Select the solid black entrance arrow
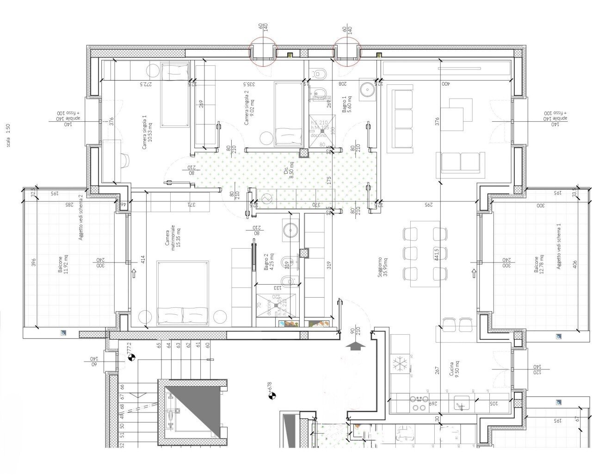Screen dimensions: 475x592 355,345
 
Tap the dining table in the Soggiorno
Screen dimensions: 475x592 422,250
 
